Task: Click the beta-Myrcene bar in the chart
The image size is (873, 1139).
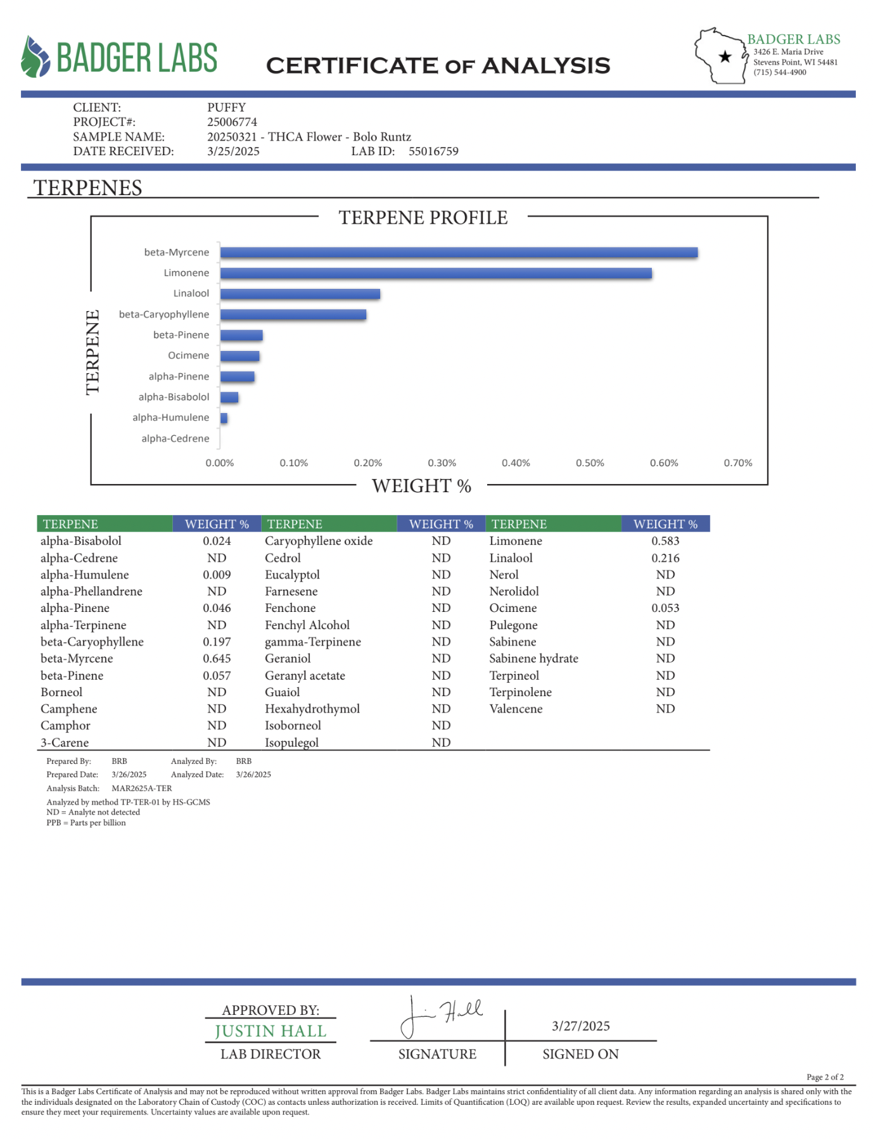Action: point(459,253)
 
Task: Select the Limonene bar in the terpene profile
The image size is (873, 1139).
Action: point(436,274)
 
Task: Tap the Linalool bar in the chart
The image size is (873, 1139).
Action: point(300,294)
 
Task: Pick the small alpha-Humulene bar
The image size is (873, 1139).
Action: point(224,418)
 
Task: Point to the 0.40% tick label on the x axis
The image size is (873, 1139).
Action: point(516,463)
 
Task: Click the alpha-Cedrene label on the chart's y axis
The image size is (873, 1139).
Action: point(175,438)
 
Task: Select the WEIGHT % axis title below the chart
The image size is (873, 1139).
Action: point(421,486)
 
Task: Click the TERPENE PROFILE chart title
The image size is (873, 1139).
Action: point(423,218)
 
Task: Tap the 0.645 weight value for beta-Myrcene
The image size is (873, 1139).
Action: point(217,659)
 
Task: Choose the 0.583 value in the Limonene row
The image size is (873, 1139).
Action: point(665,541)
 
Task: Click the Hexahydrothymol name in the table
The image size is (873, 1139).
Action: point(312,709)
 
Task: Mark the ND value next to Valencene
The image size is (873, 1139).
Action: point(665,709)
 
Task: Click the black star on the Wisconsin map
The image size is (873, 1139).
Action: point(725,57)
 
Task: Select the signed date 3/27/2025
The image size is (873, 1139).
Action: point(580,1026)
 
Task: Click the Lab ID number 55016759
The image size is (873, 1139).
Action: point(433,151)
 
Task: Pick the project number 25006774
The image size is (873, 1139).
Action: point(232,122)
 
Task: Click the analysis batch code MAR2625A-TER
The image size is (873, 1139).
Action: point(142,789)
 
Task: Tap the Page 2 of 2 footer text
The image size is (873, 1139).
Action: point(825,1077)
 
